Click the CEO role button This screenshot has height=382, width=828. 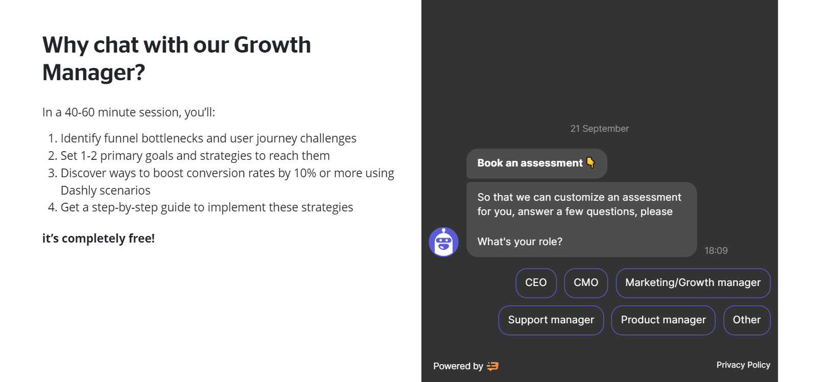tap(536, 283)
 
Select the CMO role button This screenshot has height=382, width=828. tap(586, 283)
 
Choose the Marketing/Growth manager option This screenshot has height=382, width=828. tap(693, 283)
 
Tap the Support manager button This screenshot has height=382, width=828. tap(551, 320)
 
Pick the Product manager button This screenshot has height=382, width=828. tap(664, 320)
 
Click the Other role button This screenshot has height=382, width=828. tap(747, 320)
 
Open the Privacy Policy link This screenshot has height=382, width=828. tap(743, 365)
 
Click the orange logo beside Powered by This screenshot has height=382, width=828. tap(493, 366)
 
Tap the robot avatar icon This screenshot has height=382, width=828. tap(443, 242)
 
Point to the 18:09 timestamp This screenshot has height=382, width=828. tap(716, 251)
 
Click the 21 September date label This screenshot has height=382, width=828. tap(600, 129)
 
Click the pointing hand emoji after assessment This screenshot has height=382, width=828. tap(590, 162)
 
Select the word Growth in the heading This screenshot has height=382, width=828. tap(272, 45)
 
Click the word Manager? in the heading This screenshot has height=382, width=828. tap(93, 73)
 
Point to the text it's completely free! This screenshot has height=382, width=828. tap(98, 238)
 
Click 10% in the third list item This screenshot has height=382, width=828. tap(305, 173)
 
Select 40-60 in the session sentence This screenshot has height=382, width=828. tap(80, 112)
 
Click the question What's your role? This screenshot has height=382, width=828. tap(519, 242)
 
